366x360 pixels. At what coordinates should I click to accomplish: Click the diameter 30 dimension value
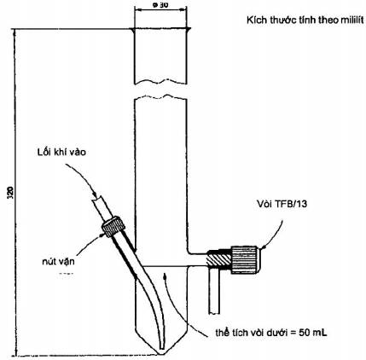(160, 6)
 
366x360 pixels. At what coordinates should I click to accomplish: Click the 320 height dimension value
(9, 194)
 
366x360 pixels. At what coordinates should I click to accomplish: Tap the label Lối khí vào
(61, 152)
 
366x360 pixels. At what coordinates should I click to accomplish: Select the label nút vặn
(58, 261)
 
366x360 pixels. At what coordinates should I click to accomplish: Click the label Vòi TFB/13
(282, 204)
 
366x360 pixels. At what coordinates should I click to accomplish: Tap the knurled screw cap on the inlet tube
(113, 227)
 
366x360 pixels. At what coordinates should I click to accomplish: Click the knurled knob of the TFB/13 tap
(245, 260)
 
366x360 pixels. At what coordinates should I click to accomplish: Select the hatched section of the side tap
(218, 260)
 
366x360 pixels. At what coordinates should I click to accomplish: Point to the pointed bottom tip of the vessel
(161, 353)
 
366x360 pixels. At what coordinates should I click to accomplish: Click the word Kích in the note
(254, 20)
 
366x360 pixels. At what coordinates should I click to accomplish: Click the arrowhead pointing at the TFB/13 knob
(262, 248)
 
